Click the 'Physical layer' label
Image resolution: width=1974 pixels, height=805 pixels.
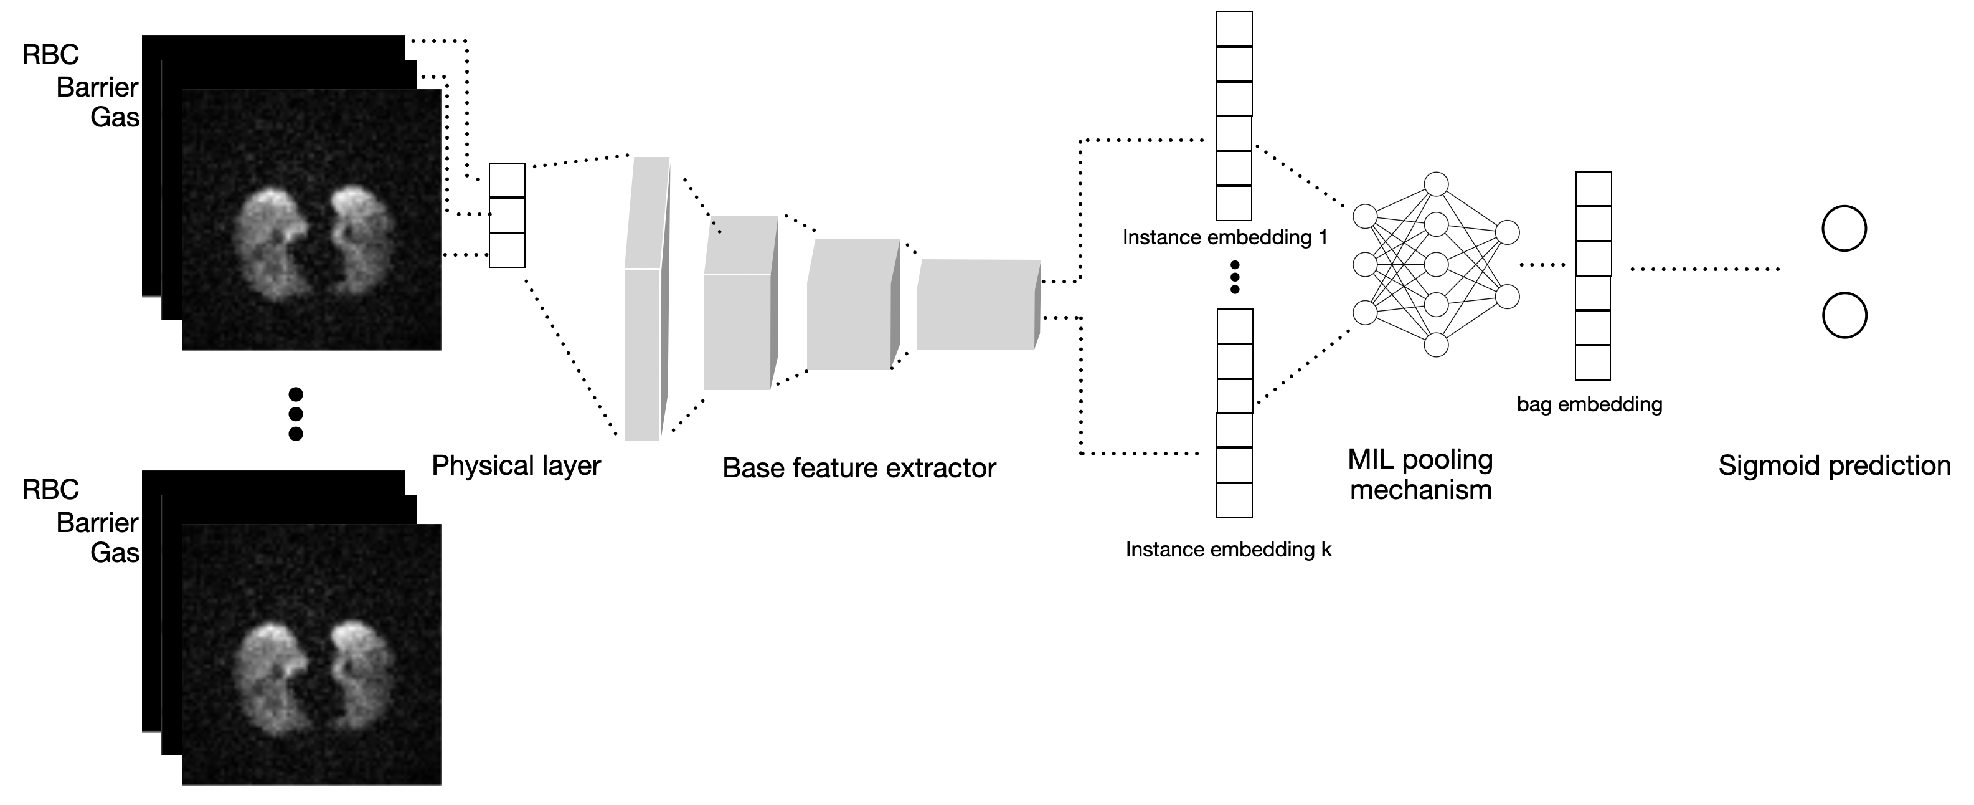point(516,465)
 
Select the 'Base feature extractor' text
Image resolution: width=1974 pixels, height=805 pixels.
point(858,468)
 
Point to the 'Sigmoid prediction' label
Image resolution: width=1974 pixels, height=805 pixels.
point(1834,465)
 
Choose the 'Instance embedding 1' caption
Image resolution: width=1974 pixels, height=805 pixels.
point(1224,237)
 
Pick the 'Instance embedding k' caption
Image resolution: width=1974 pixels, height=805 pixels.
point(1227,550)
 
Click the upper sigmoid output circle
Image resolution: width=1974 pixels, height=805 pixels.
point(1843,229)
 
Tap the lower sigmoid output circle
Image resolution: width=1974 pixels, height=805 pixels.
point(1843,316)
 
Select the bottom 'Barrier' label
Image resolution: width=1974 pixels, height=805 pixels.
point(97,523)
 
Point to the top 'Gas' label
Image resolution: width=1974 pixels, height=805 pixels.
point(115,117)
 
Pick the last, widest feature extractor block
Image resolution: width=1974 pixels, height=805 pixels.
point(976,305)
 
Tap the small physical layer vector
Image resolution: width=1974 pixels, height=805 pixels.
point(506,216)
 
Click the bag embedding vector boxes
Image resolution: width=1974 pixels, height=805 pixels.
point(1593,276)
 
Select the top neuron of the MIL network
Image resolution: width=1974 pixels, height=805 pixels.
point(1436,185)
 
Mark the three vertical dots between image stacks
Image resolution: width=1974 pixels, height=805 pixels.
point(296,414)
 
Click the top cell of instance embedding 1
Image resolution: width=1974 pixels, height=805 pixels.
point(1234,29)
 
